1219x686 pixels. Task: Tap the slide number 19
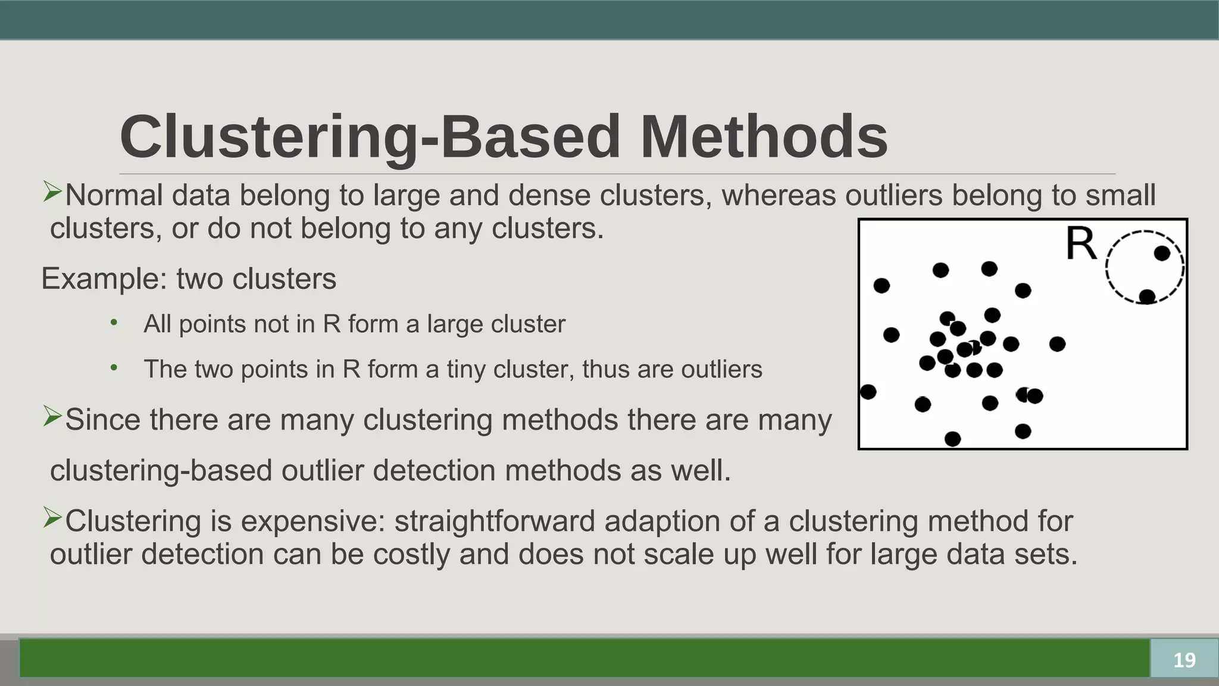tap(1184, 660)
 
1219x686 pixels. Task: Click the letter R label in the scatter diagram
tap(1081, 244)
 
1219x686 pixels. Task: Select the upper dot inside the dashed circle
tap(1162, 254)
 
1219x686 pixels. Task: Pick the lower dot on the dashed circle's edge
tap(1147, 296)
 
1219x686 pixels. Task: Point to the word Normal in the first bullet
tap(114, 195)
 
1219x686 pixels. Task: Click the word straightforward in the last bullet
tap(495, 521)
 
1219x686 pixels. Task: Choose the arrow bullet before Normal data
tap(52, 192)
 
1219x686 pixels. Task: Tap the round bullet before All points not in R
tap(114, 323)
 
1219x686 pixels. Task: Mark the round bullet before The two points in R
tap(114, 368)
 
